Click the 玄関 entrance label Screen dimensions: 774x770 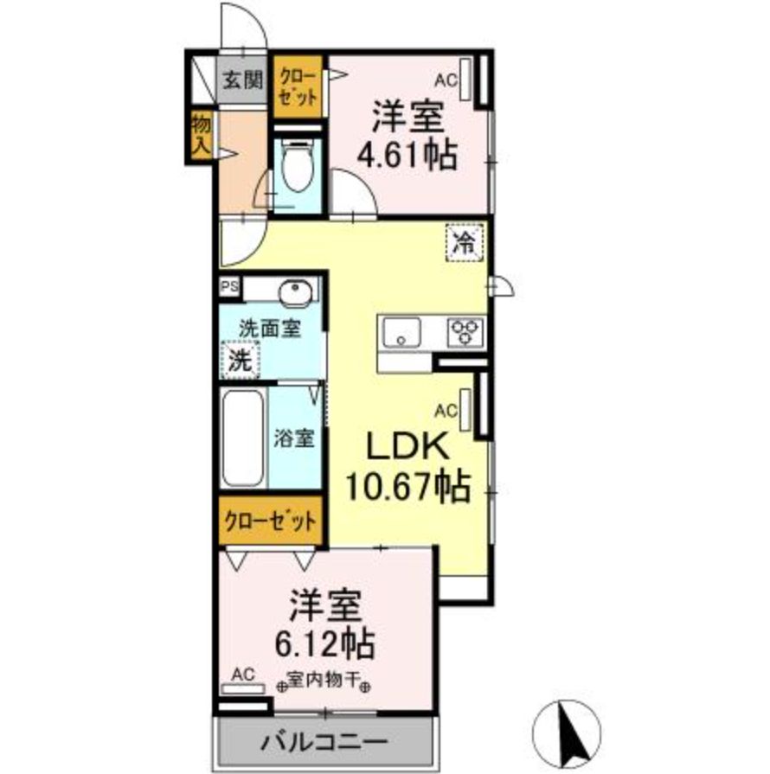(241, 81)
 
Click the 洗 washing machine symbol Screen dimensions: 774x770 (240, 361)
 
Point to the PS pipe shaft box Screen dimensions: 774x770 (229, 287)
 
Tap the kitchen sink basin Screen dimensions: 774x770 (400, 332)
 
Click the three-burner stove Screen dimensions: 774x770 (465, 330)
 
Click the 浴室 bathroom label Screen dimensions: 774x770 (294, 438)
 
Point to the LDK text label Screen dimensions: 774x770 (407, 448)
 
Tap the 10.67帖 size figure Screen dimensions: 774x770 (407, 486)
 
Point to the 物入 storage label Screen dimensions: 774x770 (200, 135)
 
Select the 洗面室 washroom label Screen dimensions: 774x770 (269, 329)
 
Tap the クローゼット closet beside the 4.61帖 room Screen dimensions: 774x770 (298, 86)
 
